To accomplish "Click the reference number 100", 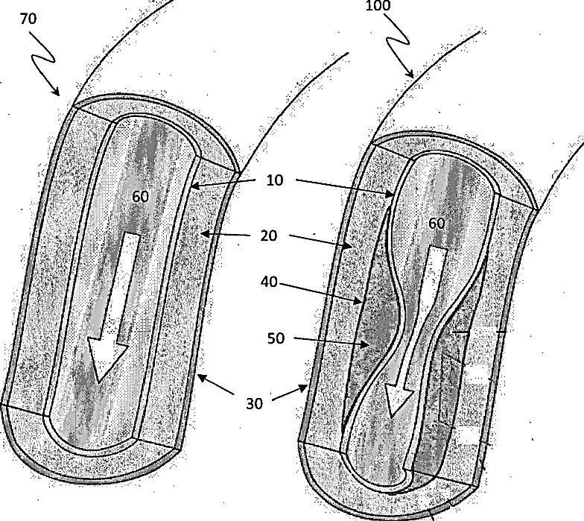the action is [x=378, y=6].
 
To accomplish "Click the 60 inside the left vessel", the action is [x=140, y=197].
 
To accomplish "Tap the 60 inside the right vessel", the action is [x=437, y=223].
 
